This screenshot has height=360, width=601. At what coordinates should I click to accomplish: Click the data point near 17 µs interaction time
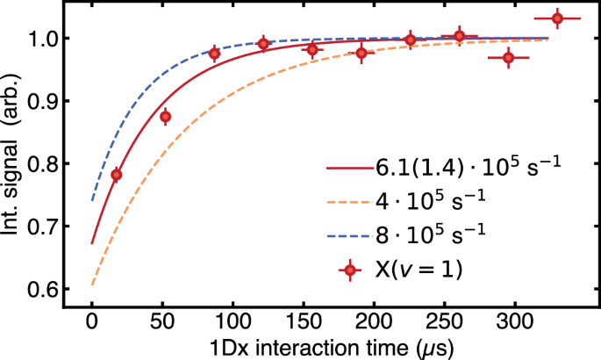coord(116,175)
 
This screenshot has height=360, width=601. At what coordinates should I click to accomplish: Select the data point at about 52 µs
coord(165,116)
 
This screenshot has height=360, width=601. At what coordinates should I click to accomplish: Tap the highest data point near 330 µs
coord(557,18)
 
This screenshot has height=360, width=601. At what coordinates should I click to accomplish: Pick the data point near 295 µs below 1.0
coord(508,57)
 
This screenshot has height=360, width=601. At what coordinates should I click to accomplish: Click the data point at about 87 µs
coord(214,54)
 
